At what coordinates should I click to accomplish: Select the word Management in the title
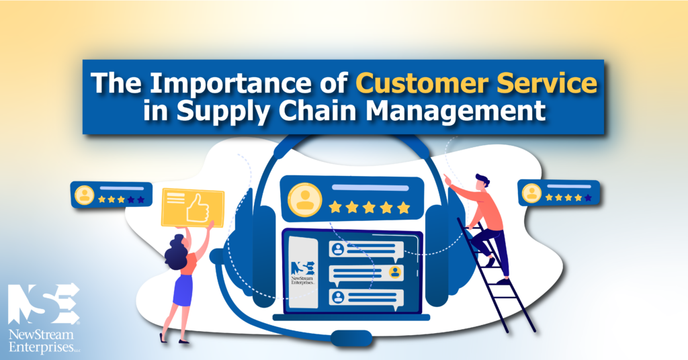[x=456, y=111]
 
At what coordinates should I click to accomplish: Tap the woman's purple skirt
[x=183, y=290]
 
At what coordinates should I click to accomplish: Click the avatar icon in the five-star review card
[x=305, y=199]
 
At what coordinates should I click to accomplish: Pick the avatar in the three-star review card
[x=84, y=195]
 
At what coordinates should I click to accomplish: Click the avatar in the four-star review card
[x=531, y=193]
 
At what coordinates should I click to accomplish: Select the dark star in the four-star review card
[x=588, y=197]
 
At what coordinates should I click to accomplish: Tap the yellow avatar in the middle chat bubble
[x=395, y=272]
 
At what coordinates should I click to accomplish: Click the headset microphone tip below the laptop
[x=351, y=338]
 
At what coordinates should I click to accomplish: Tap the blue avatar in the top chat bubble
[x=338, y=249]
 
